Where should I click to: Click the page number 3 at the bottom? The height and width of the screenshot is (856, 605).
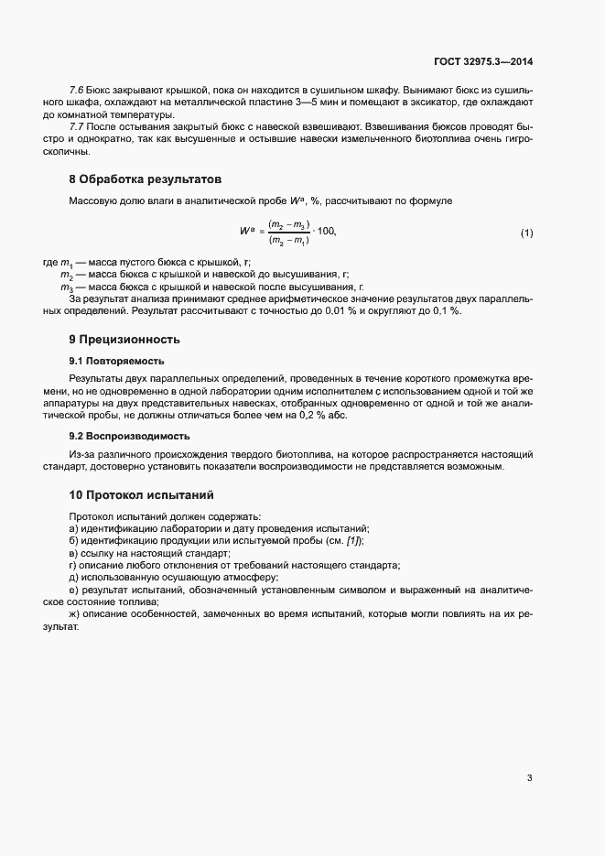pos(529,779)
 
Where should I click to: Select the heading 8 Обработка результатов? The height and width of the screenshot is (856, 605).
pos(133,178)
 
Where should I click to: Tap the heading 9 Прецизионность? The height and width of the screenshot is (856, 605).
pos(124,339)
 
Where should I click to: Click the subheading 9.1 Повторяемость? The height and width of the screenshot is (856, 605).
pos(116,361)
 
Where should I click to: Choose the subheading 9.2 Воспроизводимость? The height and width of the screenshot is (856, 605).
pos(129,436)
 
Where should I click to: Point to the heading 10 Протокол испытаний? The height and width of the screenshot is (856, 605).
pos(141,495)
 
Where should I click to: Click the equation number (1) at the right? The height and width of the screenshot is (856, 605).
pos(526,233)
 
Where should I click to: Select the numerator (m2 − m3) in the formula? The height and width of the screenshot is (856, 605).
pos(288,225)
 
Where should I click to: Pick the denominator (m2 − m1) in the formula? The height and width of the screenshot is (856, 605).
pos(288,241)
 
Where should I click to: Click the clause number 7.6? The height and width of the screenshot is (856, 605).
pos(77,90)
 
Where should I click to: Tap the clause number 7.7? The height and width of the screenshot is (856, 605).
pos(77,125)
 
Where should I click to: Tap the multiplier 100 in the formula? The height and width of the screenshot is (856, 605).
pos(325,233)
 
